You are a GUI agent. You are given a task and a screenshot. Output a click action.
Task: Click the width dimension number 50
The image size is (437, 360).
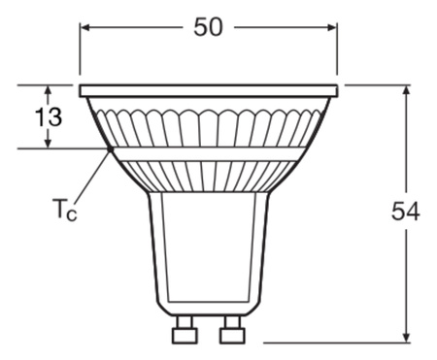(x=208, y=27)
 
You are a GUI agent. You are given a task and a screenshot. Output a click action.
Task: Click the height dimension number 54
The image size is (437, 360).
(x=405, y=212)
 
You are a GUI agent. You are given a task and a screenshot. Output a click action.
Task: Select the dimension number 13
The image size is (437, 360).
(x=49, y=117)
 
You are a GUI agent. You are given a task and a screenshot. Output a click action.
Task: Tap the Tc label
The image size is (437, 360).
(x=63, y=207)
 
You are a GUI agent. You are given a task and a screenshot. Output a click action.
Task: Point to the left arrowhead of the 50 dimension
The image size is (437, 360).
(x=85, y=27)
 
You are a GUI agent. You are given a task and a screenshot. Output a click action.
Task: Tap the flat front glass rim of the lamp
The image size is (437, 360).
(x=208, y=90)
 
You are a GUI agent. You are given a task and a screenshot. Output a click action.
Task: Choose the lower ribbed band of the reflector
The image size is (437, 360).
(x=208, y=175)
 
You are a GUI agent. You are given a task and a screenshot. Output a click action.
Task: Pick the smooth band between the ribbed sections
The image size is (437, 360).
(x=208, y=153)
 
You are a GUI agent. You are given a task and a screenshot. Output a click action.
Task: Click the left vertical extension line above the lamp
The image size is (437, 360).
(x=80, y=49)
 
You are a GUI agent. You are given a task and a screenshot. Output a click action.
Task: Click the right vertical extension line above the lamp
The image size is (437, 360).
(x=337, y=49)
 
